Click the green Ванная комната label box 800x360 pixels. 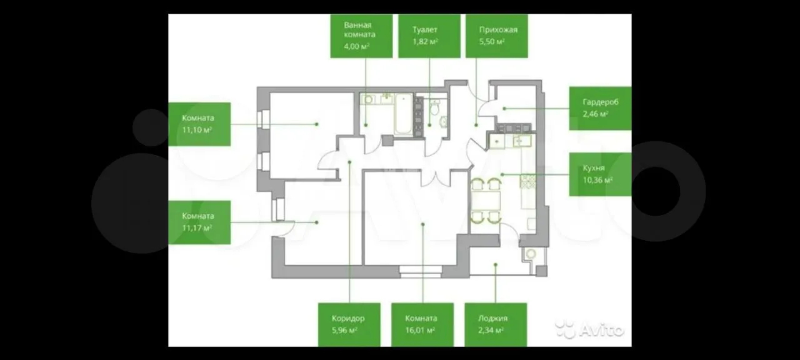click(x=361, y=36)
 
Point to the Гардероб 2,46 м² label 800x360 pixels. click(x=600, y=108)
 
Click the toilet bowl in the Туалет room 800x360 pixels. click(x=434, y=107)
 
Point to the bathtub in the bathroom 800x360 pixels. click(x=404, y=114)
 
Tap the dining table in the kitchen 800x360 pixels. click(x=486, y=201)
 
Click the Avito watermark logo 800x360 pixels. click(x=589, y=329)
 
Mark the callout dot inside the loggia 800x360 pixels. click(x=496, y=264)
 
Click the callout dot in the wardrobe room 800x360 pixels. click(x=504, y=108)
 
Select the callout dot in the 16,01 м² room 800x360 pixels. click(x=423, y=224)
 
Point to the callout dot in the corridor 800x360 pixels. click(x=349, y=162)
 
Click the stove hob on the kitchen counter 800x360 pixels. click(x=527, y=181)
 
